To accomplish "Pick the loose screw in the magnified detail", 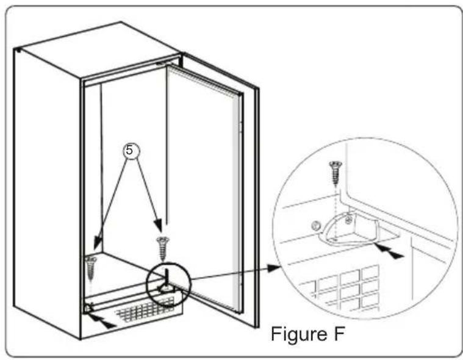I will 334,171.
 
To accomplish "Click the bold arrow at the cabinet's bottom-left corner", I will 104,323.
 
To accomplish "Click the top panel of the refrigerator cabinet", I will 98,52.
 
